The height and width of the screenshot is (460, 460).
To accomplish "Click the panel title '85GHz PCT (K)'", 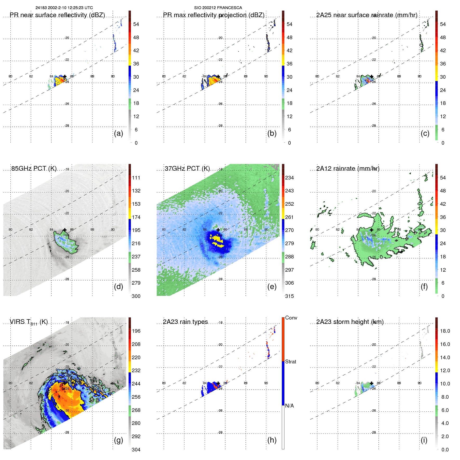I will click(x=34, y=169).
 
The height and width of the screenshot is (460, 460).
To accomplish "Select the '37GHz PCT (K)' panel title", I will click(x=187, y=169).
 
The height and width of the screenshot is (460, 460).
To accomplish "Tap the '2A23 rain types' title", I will click(x=185, y=322).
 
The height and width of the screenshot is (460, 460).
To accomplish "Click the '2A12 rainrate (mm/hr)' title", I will click(x=348, y=169).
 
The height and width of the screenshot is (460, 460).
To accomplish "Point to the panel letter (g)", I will click(x=118, y=440).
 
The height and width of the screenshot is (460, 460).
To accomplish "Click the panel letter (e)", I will click(x=272, y=286).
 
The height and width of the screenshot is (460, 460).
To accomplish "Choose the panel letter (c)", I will click(x=425, y=133).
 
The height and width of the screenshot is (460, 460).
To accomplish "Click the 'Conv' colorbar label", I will click(x=291, y=318).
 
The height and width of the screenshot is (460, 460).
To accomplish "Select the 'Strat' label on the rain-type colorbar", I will click(x=290, y=362).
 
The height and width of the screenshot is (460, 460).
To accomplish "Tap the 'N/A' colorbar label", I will click(x=289, y=406).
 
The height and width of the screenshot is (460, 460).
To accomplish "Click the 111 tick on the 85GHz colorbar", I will click(x=136, y=178).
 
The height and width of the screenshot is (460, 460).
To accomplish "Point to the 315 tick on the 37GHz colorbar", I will click(x=289, y=296).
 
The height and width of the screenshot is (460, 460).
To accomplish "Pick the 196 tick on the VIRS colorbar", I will click(x=136, y=331).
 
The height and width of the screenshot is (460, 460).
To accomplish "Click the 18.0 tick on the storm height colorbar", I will click(x=445, y=331).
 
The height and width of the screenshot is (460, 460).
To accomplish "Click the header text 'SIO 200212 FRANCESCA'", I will click(x=218, y=8).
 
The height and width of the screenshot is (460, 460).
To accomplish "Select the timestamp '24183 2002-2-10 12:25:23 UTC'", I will click(x=64, y=8).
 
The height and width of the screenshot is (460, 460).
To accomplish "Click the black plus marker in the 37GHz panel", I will click(x=218, y=230).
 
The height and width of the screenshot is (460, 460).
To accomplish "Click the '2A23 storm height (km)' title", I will click(x=350, y=322).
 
